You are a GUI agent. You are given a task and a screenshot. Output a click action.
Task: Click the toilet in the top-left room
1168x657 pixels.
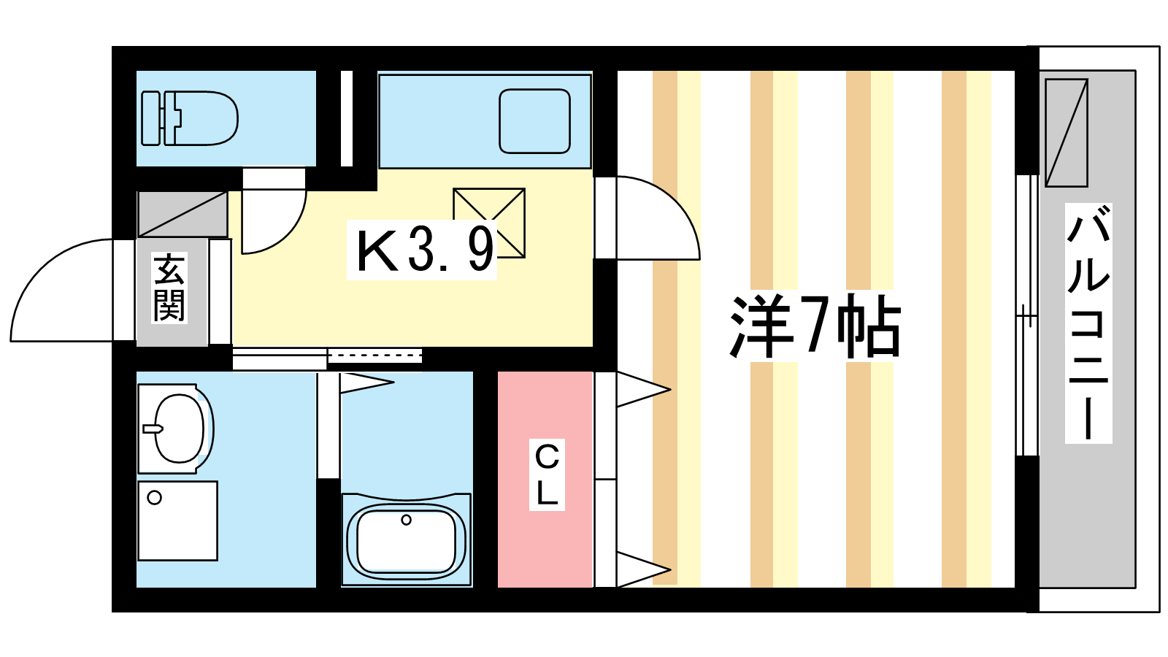pyautogui.click(x=190, y=118)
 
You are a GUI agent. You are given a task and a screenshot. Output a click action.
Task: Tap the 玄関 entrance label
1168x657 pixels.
pyautogui.click(x=169, y=288)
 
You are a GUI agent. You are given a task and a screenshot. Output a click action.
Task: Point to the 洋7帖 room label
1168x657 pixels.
pyautogui.click(x=815, y=326)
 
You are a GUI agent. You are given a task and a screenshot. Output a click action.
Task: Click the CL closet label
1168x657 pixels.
pyautogui.click(x=547, y=475)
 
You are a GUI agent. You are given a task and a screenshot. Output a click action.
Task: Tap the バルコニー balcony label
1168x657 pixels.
pyautogui.click(x=1088, y=323)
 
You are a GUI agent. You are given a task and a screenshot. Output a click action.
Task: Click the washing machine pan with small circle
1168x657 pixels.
pyautogui.click(x=178, y=521)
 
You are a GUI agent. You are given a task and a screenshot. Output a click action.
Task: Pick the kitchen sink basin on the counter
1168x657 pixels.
pyautogui.click(x=534, y=121)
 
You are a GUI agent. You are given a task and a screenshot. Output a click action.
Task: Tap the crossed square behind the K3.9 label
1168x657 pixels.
pyautogui.click(x=489, y=223)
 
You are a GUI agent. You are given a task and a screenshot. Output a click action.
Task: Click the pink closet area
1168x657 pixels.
pyautogui.click(x=545, y=479)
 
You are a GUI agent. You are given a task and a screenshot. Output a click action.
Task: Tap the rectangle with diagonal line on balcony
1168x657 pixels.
pyautogui.click(x=1067, y=133)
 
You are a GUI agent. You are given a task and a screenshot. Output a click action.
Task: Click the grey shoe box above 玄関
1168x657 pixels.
pyautogui.click(x=182, y=215)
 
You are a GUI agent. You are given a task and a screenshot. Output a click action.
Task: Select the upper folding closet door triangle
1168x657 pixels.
pyautogui.click(x=643, y=389)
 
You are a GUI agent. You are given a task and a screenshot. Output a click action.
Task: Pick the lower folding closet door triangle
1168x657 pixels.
pyautogui.click(x=643, y=569)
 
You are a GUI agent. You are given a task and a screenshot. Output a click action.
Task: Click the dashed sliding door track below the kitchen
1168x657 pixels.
pyautogui.click(x=374, y=356)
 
